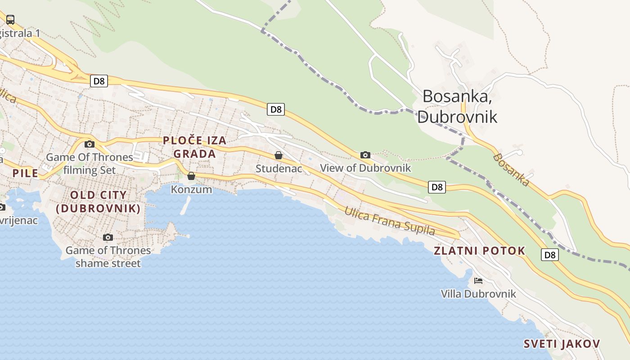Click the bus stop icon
[x=10, y=19]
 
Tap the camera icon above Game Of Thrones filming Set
[x=90, y=144]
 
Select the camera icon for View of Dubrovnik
[x=365, y=155]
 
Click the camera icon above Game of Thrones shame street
[x=108, y=237]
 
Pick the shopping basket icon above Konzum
[x=191, y=176]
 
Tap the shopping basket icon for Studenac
[x=279, y=156]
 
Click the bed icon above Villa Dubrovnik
[x=478, y=281]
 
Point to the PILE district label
[x=25, y=173]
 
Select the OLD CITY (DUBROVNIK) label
[x=99, y=202]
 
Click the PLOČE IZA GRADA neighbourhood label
[x=195, y=147]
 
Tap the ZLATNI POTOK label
[x=480, y=251]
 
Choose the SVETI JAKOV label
[x=562, y=344]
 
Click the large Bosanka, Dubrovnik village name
[x=457, y=106]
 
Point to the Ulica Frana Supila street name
[x=390, y=221]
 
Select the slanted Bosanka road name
[x=511, y=170]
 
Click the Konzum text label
[x=191, y=189]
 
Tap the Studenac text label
[x=279, y=169]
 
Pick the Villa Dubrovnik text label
[x=478, y=294]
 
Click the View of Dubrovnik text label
[x=365, y=168]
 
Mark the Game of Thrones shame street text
[x=108, y=257]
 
